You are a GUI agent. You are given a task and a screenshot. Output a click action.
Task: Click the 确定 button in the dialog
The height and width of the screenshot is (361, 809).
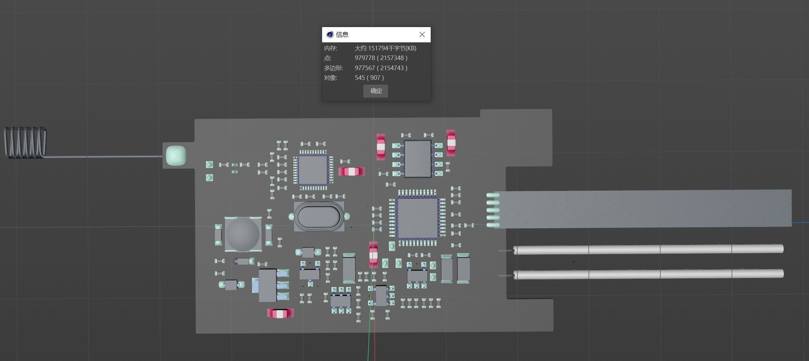[x=376, y=91]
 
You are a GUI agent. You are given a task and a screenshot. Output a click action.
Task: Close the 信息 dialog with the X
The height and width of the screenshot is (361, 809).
[x=422, y=35]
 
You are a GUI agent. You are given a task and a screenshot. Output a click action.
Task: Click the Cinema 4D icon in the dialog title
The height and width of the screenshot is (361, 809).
[x=330, y=34]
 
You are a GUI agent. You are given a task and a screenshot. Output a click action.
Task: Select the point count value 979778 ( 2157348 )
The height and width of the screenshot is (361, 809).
[x=381, y=58]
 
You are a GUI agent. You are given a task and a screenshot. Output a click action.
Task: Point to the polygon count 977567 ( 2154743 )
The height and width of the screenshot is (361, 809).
[x=381, y=68]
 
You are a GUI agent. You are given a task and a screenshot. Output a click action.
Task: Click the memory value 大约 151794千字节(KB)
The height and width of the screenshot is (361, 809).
[x=385, y=48]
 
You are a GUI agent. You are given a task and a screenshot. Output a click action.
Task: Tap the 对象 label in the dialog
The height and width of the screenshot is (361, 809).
[x=330, y=78]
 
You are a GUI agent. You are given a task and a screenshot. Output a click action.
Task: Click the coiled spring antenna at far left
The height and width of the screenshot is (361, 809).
[x=25, y=142]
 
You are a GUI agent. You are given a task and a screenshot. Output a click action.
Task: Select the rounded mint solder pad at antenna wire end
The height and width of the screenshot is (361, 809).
[x=176, y=156]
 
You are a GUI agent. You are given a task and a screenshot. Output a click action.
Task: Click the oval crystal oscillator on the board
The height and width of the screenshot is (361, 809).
[x=319, y=217]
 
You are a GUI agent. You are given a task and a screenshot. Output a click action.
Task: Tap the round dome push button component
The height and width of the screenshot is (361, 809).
[x=243, y=234]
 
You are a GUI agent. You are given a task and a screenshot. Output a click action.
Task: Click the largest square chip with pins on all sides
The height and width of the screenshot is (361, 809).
[x=418, y=218]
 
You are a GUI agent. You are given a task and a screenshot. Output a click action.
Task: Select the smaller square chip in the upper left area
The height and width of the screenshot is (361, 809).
[x=313, y=170]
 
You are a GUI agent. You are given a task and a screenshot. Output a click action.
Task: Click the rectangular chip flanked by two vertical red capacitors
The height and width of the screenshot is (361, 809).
[x=418, y=159]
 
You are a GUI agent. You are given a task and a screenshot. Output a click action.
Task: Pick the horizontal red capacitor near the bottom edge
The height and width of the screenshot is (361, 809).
[x=280, y=313]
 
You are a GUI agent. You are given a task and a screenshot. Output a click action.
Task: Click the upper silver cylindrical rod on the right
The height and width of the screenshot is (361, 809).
[x=648, y=249]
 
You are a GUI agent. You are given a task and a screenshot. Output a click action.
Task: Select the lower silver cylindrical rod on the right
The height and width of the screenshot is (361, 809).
[x=648, y=274]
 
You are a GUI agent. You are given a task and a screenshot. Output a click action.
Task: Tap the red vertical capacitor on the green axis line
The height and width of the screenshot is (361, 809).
[x=373, y=255]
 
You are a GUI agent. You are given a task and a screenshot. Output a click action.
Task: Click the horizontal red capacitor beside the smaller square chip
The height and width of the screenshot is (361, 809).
[x=351, y=171]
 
